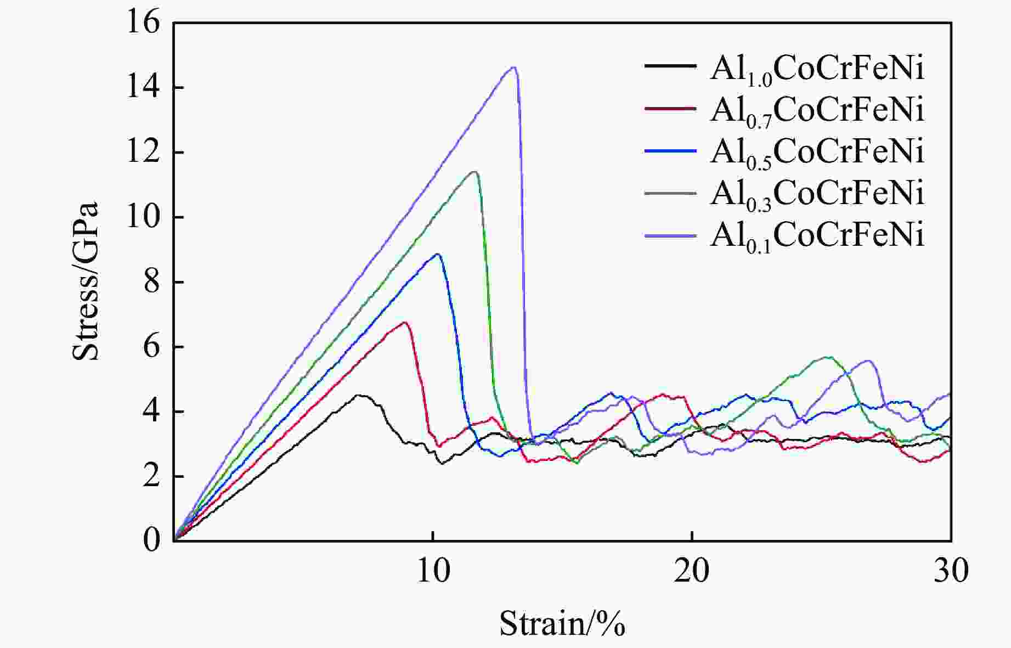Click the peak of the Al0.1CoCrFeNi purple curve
click(513, 67)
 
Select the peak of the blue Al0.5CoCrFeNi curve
click(437, 254)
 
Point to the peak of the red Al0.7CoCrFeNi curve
click(405, 322)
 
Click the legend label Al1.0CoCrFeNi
click(817, 70)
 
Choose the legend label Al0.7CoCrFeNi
click(817, 110)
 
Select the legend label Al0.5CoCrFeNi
click(817, 152)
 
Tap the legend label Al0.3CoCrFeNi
click(817, 194)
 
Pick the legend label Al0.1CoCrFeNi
click(817, 235)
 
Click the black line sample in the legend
click(670, 66)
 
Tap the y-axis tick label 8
click(151, 283)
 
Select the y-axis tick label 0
click(151, 540)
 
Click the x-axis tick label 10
click(433, 571)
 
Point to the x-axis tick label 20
click(692, 571)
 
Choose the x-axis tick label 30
click(951, 571)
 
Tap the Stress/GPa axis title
click(86, 281)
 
